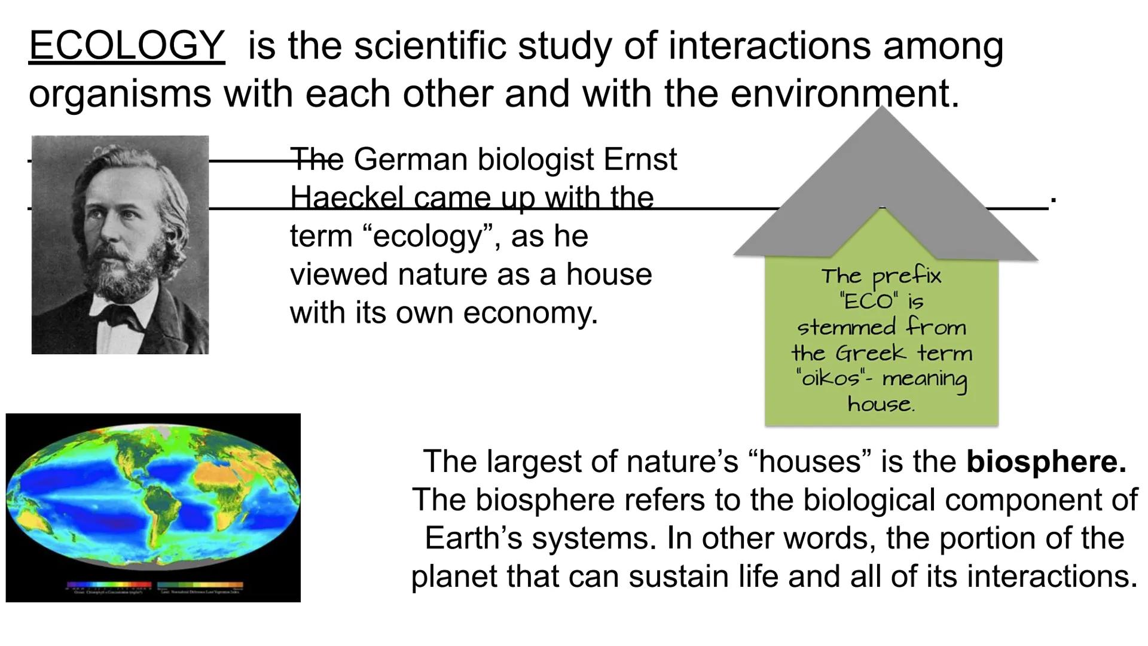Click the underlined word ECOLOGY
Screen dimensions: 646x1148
coord(127,45)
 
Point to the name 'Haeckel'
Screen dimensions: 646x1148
coord(347,197)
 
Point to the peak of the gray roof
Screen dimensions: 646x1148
coord(883,109)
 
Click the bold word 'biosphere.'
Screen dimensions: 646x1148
coord(1046,461)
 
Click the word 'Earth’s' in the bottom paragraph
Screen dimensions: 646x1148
coord(473,538)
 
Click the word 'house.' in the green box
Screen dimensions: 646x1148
coord(881,404)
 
